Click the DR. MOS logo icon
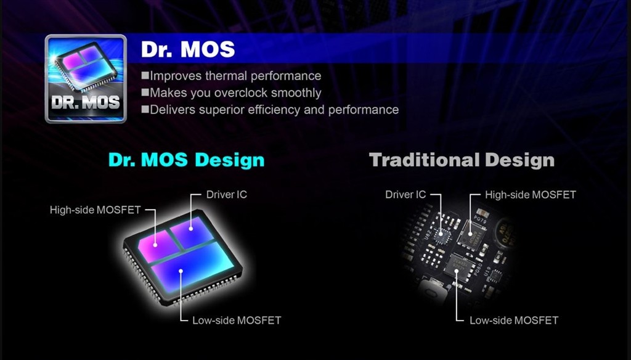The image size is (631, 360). [x=86, y=79]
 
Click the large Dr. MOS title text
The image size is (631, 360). [x=188, y=49]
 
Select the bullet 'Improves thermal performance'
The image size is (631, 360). [x=235, y=76]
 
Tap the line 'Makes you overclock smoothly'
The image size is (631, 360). [x=235, y=92]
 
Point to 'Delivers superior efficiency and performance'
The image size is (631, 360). [x=274, y=110]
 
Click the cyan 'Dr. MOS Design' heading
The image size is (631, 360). [x=186, y=160]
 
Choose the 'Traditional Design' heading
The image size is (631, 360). [x=462, y=160]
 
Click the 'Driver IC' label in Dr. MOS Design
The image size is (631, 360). [x=227, y=195]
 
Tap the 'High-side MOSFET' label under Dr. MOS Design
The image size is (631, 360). [x=96, y=210]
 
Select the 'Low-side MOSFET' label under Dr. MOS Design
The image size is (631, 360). [x=237, y=320]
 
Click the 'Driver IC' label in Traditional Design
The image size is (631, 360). [x=405, y=195]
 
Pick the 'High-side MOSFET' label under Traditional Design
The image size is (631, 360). [x=531, y=195]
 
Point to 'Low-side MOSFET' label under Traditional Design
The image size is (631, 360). [x=514, y=321]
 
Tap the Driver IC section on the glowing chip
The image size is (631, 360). [x=192, y=232]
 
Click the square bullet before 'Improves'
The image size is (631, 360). [x=145, y=75]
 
